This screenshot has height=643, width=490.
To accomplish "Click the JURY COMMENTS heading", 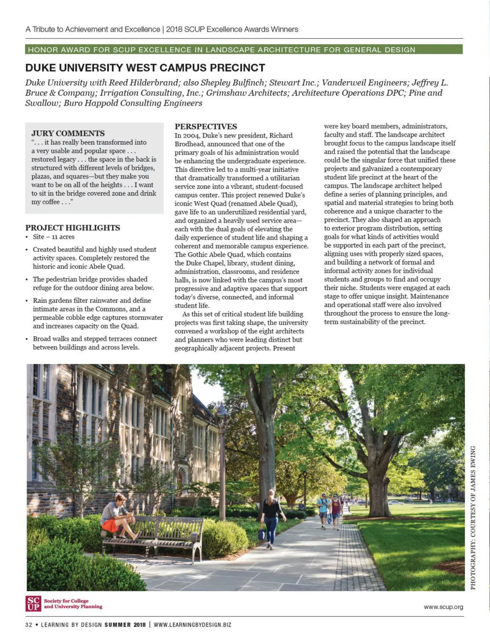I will point(68,133).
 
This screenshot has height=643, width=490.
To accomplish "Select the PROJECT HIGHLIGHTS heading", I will point(73,228).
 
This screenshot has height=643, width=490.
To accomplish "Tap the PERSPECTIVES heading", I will point(206,127).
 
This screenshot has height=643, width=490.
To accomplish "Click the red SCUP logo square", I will point(33,603).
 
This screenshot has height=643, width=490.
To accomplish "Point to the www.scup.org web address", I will point(443,607).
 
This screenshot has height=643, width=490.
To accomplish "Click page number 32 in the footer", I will point(29,625).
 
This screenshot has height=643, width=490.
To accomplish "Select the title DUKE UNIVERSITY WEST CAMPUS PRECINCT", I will point(145,68).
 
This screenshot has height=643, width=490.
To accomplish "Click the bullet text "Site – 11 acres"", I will point(53,237).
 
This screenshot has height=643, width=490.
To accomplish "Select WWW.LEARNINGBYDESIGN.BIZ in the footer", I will point(192,625).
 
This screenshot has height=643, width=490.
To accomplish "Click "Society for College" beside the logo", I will point(66,601).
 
